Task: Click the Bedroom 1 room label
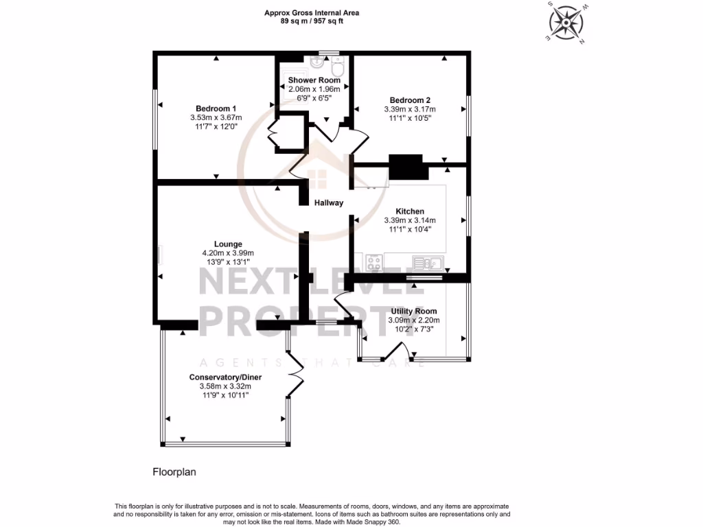pyautogui.click(x=216, y=108)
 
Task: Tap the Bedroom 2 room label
pyautogui.click(x=410, y=99)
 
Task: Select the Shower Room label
pyautogui.click(x=314, y=80)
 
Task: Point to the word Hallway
pyautogui.click(x=329, y=203)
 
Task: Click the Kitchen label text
pyautogui.click(x=410, y=211)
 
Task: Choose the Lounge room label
pyautogui.click(x=227, y=244)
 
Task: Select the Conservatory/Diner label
pyautogui.click(x=226, y=377)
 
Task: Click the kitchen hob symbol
pyautogui.click(x=374, y=262)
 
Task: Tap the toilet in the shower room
pyautogui.click(x=337, y=69)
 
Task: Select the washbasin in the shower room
pyautogui.click(x=317, y=64)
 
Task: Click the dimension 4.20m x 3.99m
pyautogui.click(x=227, y=253)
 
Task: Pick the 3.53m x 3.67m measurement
pyautogui.click(x=216, y=117)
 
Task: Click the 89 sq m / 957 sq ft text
pyautogui.click(x=312, y=21)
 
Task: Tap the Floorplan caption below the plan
pyautogui.click(x=174, y=472)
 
